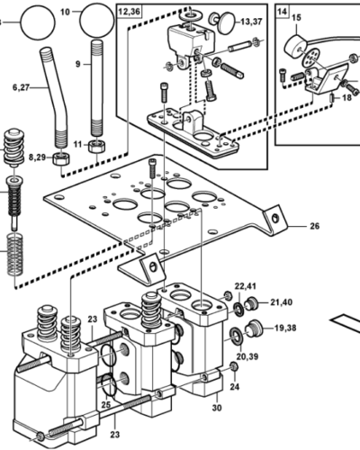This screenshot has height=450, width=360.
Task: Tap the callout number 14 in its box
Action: pyautogui.click(x=283, y=11)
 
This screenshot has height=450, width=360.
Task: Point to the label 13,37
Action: pyautogui.click(x=251, y=21)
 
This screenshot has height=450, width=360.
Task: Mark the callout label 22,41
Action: pyautogui.click(x=246, y=286)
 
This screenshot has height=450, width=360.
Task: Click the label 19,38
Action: pyautogui.click(x=287, y=328)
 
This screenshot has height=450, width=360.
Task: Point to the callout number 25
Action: pyautogui.click(x=104, y=405)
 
